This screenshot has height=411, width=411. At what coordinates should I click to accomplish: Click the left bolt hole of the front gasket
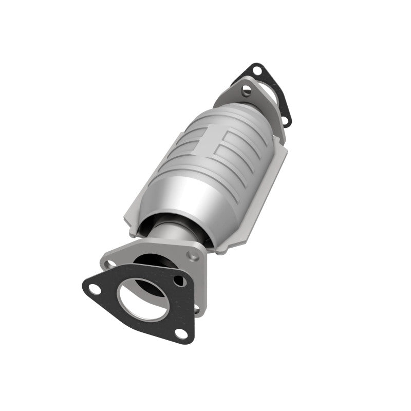94,288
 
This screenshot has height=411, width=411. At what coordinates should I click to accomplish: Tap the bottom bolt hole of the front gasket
180,332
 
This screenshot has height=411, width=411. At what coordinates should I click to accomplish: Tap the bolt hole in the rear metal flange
247,90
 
